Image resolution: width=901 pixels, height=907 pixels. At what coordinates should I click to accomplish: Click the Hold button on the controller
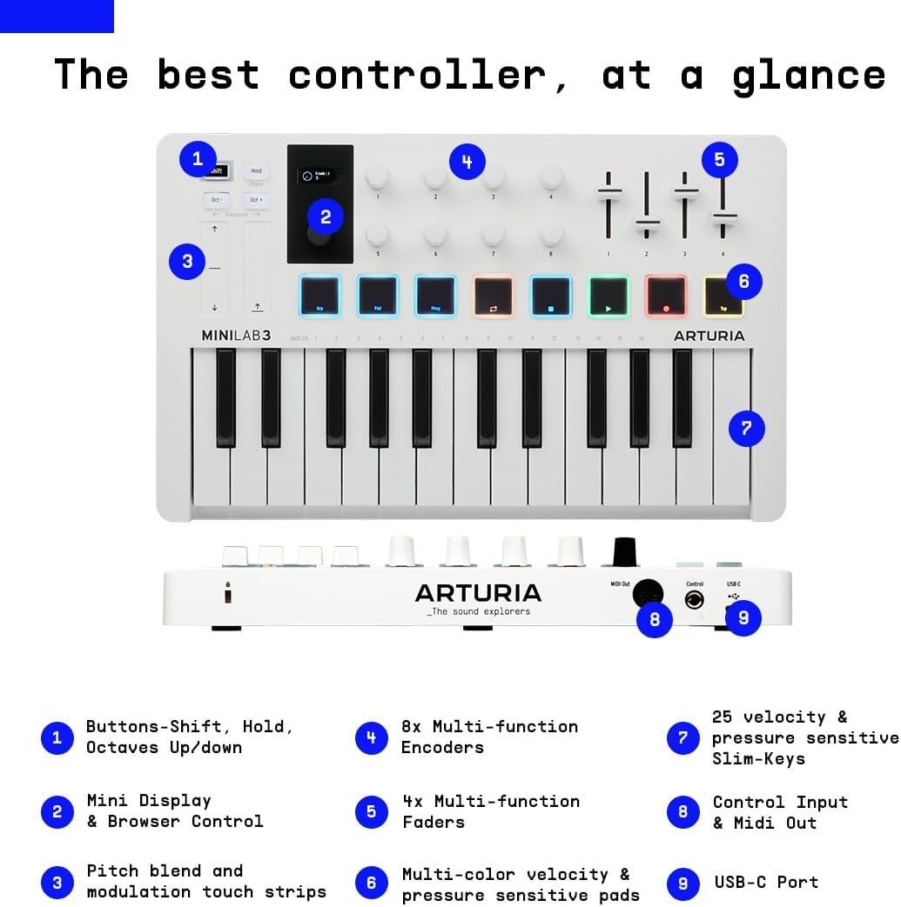coord(256,171)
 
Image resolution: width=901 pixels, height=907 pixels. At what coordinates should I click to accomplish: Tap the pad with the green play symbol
coord(609,296)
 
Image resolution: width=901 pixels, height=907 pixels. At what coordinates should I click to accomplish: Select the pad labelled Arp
coord(319,296)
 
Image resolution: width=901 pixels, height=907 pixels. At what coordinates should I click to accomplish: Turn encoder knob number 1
coord(378,177)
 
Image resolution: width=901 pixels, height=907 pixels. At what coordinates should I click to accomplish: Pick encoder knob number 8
coord(551,235)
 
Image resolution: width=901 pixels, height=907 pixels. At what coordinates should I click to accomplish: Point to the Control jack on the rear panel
coord(695,599)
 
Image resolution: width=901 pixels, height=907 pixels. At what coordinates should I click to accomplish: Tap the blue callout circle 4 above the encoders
coord(467,162)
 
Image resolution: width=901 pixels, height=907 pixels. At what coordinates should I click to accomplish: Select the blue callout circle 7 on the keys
coord(746,428)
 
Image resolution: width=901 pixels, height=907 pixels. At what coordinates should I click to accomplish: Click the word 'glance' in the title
coord(809,76)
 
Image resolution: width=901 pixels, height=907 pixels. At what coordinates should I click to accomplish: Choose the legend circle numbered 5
coord(372,812)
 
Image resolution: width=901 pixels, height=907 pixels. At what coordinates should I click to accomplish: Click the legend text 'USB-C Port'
coord(766,883)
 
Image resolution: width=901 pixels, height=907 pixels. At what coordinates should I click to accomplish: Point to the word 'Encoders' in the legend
coord(441,748)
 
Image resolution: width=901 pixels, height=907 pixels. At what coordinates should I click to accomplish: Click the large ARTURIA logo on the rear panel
coord(478,594)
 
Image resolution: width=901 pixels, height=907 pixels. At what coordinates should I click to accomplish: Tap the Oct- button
coord(216,200)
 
